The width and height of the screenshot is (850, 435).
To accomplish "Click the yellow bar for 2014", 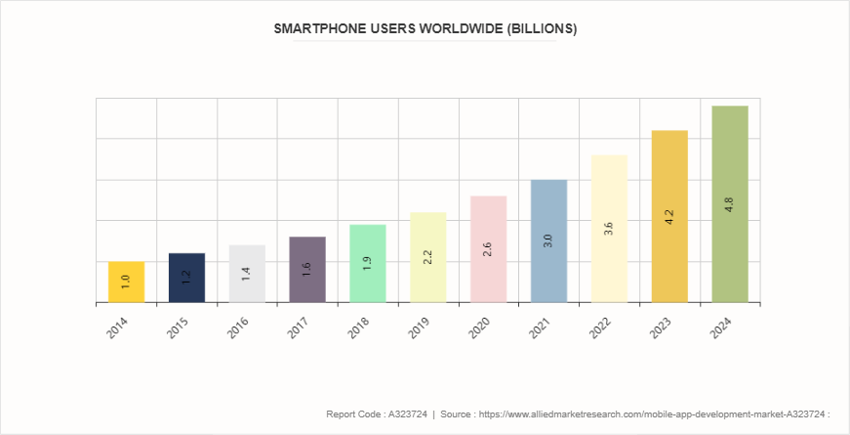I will point(126,283).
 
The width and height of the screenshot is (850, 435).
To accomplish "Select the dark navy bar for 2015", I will point(186,278).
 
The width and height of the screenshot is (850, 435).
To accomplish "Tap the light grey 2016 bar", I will point(247,274).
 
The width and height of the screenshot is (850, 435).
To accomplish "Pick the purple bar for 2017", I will point(307,270).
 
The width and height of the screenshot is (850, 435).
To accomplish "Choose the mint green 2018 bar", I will point(368,264).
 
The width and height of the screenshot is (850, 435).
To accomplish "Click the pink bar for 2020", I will point(488,249).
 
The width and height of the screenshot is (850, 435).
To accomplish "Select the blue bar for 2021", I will point(548,241).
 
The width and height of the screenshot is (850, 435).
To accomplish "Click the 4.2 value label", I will point(669,217).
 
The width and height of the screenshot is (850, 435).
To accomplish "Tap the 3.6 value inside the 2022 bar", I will point(609,230).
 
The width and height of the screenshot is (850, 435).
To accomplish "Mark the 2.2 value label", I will point(428,258).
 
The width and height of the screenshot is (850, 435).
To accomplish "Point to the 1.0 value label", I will point(126,282).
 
